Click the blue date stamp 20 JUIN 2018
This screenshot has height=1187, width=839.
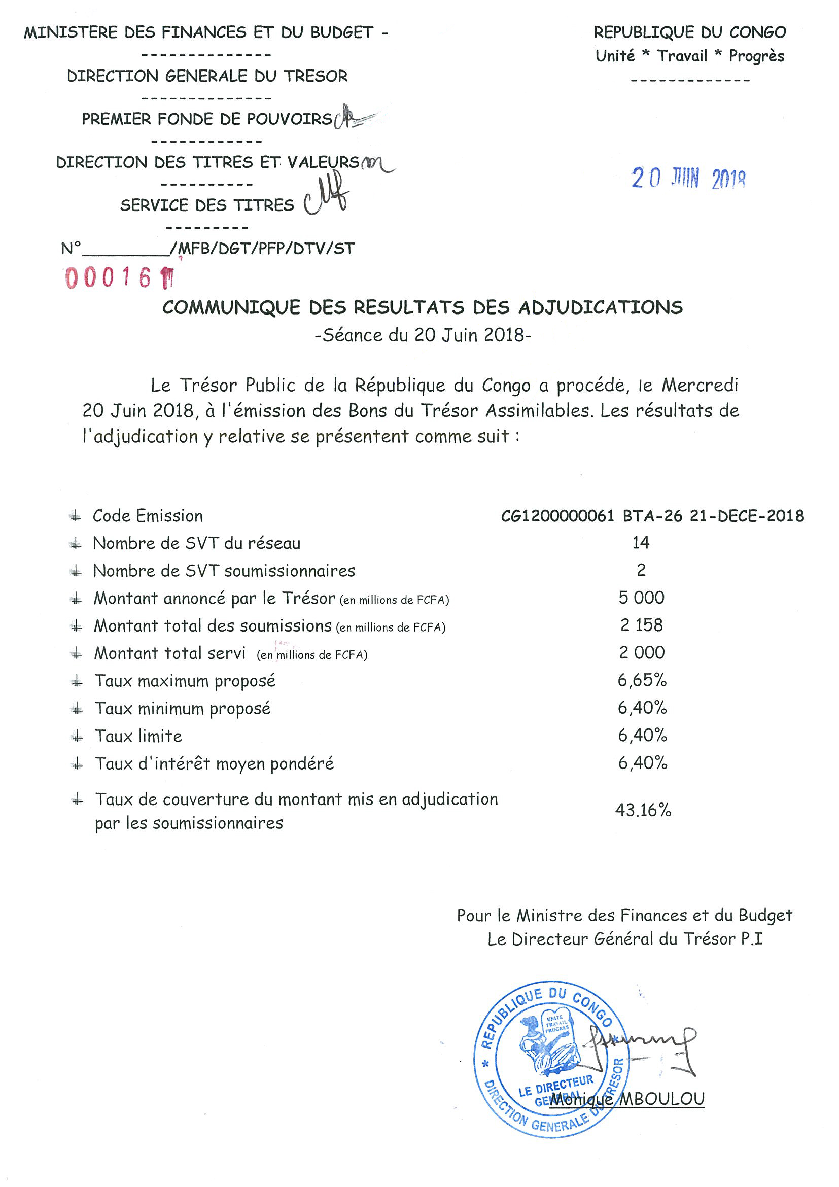pos(687,179)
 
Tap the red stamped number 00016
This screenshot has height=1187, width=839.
pos(109,278)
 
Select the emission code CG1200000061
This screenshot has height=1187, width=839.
pos(558,516)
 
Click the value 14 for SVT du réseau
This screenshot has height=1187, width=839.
pos(641,542)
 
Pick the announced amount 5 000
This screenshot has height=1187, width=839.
pos(641,598)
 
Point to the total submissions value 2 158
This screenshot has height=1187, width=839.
pos(641,625)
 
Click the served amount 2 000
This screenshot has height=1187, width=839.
pos(642,652)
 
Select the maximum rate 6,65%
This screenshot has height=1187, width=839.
pos(642,680)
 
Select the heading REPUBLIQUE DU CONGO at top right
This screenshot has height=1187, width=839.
pos(689,32)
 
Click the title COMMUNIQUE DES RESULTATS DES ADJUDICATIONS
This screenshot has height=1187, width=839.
pos(423,307)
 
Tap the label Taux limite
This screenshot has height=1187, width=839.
pos(138,736)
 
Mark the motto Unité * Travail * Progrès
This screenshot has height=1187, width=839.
pos(689,56)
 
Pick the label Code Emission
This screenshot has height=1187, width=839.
pos(147,516)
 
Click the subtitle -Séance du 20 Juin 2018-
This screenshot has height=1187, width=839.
pos(423,335)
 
